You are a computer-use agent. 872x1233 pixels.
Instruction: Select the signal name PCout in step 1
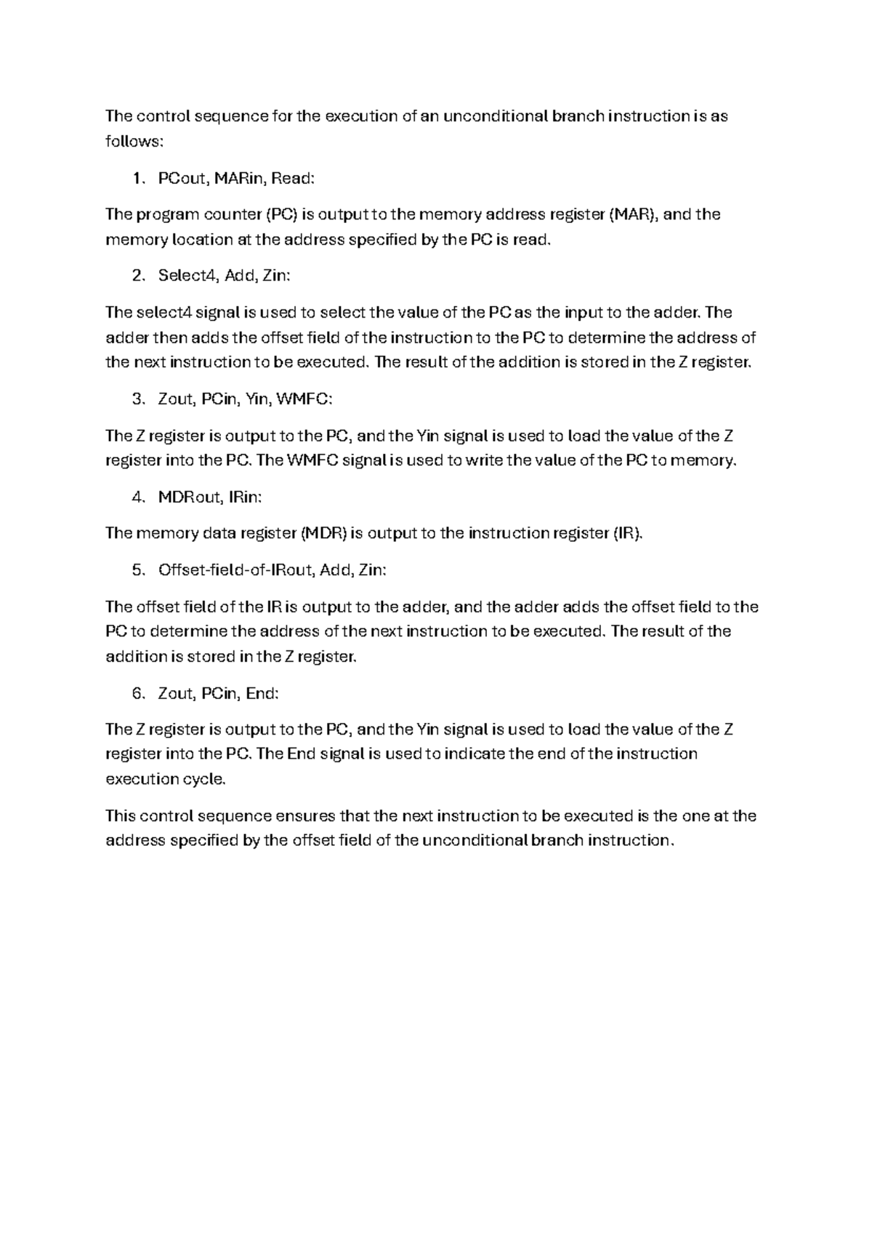[182, 178]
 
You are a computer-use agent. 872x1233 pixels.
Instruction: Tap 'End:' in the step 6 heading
[262, 693]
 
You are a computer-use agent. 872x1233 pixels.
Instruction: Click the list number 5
[138, 570]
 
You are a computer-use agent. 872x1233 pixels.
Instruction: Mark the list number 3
[138, 399]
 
